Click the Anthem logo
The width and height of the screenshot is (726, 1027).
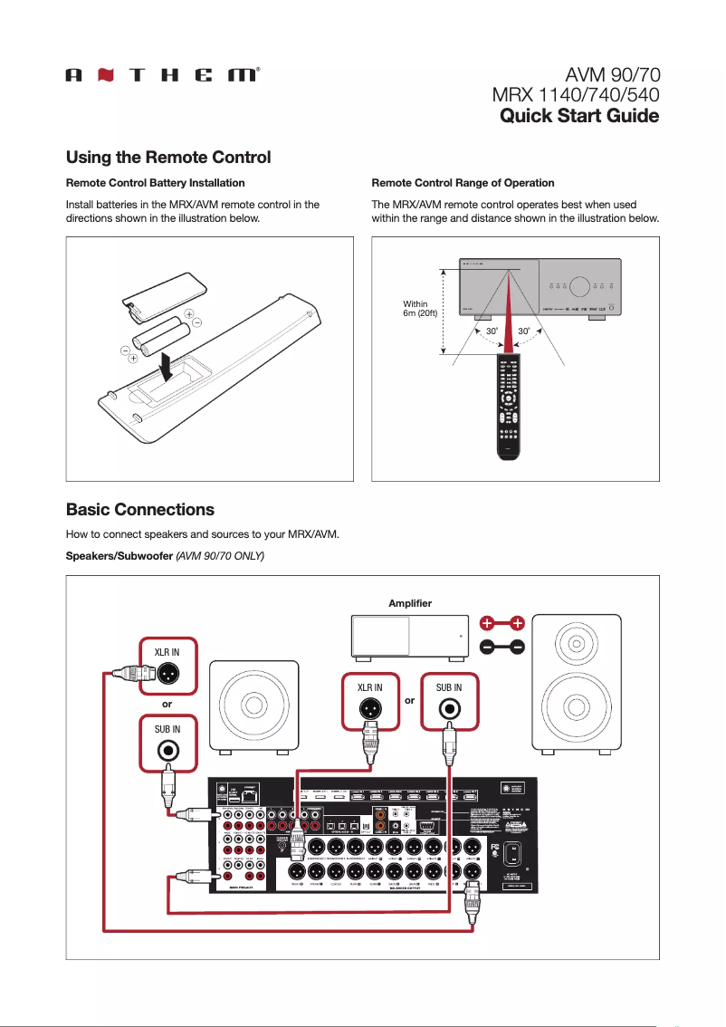coord(163,76)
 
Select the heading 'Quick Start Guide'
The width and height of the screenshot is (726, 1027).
coord(579,116)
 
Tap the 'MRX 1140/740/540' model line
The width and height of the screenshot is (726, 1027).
coord(574,95)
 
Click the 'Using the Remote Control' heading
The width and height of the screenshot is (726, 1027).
coord(168,158)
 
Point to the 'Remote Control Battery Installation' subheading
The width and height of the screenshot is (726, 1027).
coord(155,183)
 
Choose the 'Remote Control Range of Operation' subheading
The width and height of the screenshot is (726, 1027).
coord(463,183)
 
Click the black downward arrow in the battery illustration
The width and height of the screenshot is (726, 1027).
coord(167,367)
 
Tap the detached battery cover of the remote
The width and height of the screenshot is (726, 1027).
coord(154,298)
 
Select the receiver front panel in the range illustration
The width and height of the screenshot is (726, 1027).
coord(540,285)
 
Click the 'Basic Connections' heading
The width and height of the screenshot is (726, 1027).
coord(140,509)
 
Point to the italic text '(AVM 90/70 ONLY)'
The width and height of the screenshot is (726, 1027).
coord(219,554)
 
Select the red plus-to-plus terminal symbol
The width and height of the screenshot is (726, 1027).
coord(502,623)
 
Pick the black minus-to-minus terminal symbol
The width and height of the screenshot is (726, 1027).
coord(502,647)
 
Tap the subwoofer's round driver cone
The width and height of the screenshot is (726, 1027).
coord(254,705)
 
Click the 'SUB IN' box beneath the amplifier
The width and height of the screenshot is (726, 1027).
coord(449,701)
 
